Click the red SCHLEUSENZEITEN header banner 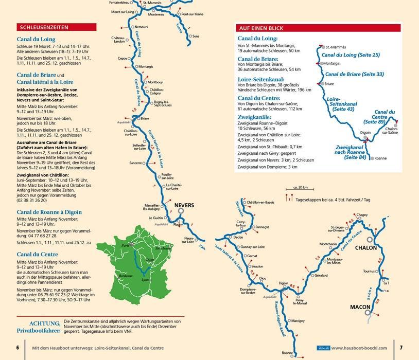[49, 27]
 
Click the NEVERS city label [184, 206]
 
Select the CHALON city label [366, 248]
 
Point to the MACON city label [360, 307]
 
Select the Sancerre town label [135, 163]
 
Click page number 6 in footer [18, 348]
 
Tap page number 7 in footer [401, 348]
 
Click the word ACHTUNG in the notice [45, 323]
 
